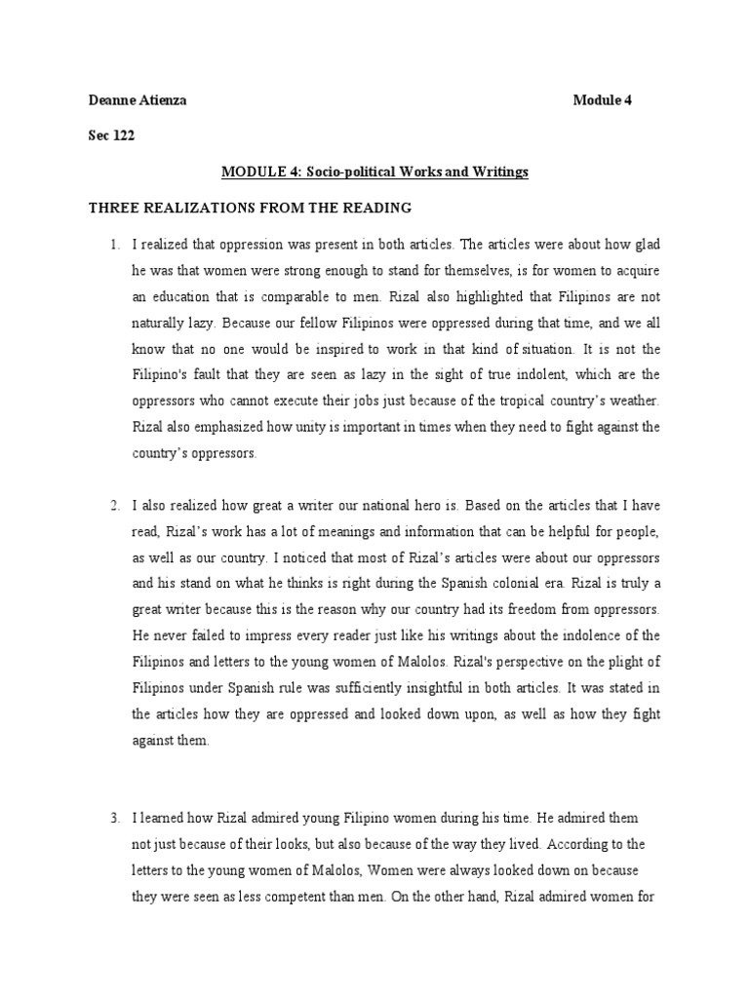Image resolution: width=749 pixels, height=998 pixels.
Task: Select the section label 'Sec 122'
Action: [111, 135]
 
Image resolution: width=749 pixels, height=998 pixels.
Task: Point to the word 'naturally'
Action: [160, 322]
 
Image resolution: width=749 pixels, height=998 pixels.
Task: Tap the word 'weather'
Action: [635, 401]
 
